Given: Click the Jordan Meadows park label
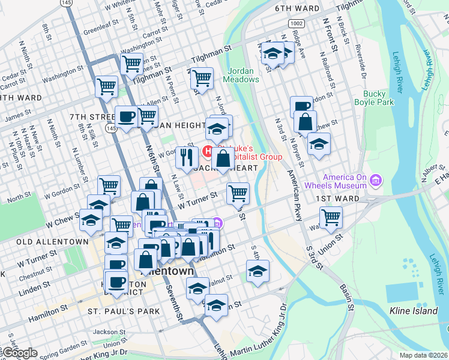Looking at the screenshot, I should click(243, 74).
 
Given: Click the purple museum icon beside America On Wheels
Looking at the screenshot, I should click(376, 180).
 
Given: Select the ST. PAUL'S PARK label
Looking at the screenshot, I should click(124, 311).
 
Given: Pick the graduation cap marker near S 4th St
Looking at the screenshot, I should click(258, 271).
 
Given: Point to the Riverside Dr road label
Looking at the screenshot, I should click(361, 58).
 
